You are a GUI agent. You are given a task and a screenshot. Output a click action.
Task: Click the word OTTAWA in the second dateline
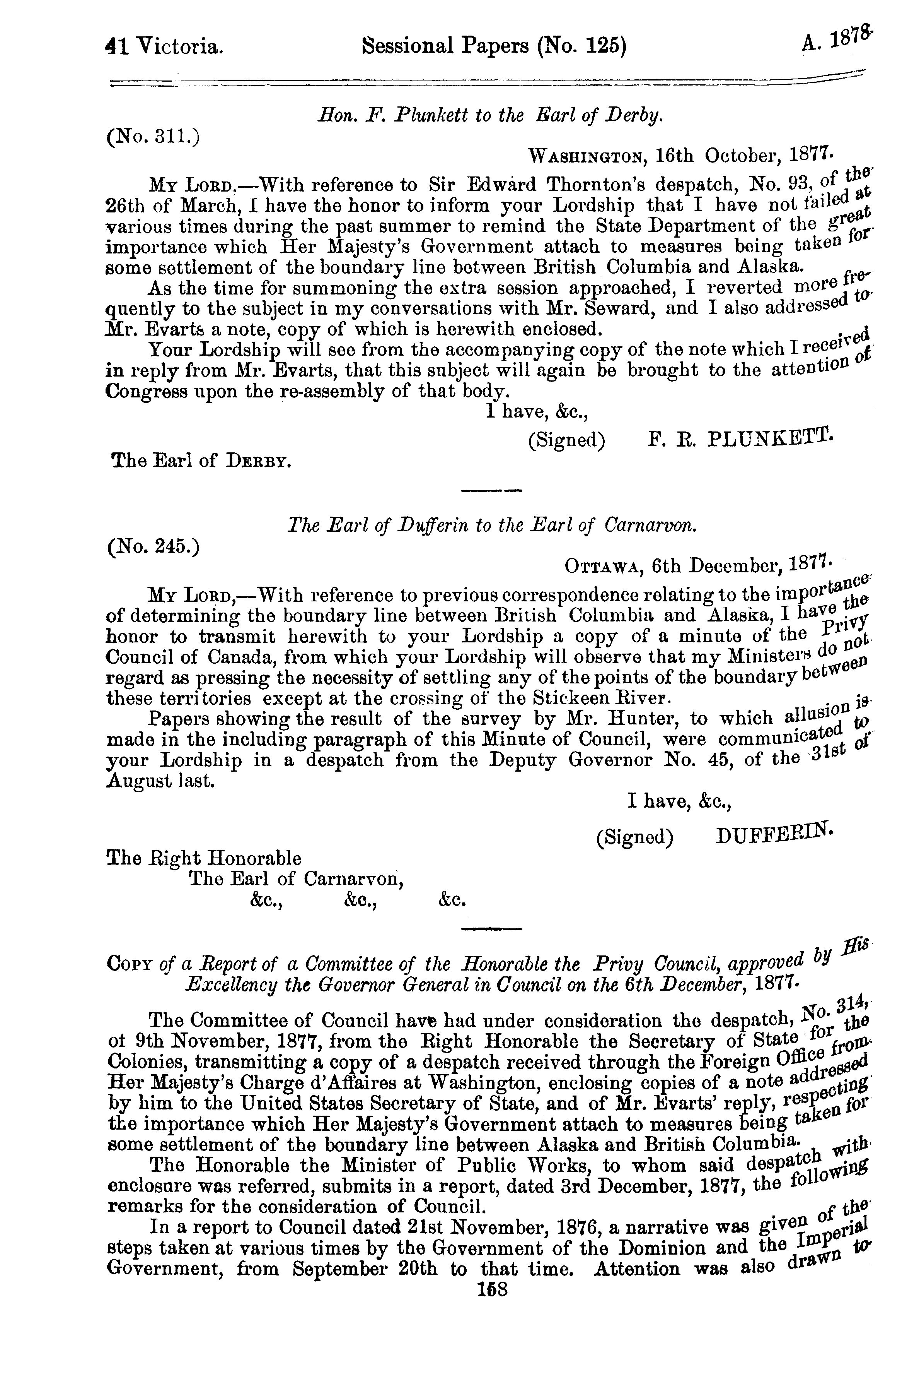click(x=603, y=566)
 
